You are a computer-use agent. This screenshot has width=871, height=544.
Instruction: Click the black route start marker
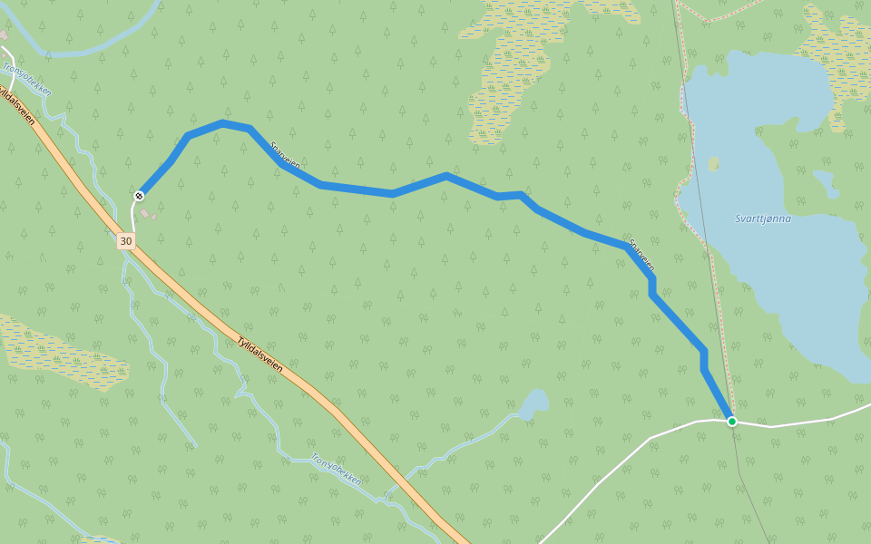point(140,196)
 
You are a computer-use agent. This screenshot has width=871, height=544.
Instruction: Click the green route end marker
point(731,421)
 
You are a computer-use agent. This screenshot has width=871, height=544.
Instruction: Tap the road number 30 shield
point(125,241)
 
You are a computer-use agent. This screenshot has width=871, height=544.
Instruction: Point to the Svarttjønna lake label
point(763,219)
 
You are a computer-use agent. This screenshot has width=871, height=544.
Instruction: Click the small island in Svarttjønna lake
point(714,164)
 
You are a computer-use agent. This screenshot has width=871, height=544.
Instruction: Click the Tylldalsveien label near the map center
point(259,355)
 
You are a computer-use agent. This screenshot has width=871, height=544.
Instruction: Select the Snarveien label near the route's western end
point(285,154)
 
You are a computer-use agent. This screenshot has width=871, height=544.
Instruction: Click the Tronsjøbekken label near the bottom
point(337,469)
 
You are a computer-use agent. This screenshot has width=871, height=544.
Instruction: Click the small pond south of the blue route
point(534,403)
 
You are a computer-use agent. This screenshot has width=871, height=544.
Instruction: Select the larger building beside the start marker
point(145,212)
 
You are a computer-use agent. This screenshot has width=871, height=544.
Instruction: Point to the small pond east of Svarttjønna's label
point(825,181)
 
